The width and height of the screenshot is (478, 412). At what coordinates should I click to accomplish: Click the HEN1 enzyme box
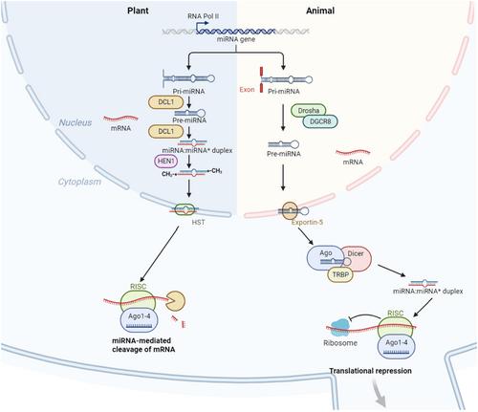(165, 162)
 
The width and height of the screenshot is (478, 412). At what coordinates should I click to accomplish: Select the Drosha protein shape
(308, 111)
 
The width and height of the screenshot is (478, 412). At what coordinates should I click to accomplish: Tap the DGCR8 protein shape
(319, 121)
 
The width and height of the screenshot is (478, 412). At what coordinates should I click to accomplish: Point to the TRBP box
(340, 274)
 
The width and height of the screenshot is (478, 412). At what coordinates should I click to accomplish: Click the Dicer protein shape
(358, 257)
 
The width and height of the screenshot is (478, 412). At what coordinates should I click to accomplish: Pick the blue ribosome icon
(340, 328)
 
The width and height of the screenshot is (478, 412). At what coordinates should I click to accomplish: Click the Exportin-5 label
(307, 222)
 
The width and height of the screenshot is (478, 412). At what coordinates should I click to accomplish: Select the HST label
(198, 222)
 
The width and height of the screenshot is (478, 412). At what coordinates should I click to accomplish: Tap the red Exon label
(247, 90)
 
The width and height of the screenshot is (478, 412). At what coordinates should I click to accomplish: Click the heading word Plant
(138, 11)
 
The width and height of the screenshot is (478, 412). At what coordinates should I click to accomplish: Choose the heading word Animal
(320, 11)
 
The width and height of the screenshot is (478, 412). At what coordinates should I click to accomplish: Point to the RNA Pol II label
(204, 16)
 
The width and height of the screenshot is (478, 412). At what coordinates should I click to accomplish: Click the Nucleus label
(76, 122)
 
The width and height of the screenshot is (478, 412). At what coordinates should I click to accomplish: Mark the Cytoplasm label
(79, 182)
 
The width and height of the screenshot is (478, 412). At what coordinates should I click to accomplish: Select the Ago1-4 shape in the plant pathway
(140, 320)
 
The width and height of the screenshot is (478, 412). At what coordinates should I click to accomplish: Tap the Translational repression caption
(370, 371)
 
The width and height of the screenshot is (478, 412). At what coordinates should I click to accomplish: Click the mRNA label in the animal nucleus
(353, 162)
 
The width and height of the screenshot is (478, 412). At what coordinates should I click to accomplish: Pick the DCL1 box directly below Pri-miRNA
(165, 102)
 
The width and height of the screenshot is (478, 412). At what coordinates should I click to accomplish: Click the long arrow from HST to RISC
(160, 254)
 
